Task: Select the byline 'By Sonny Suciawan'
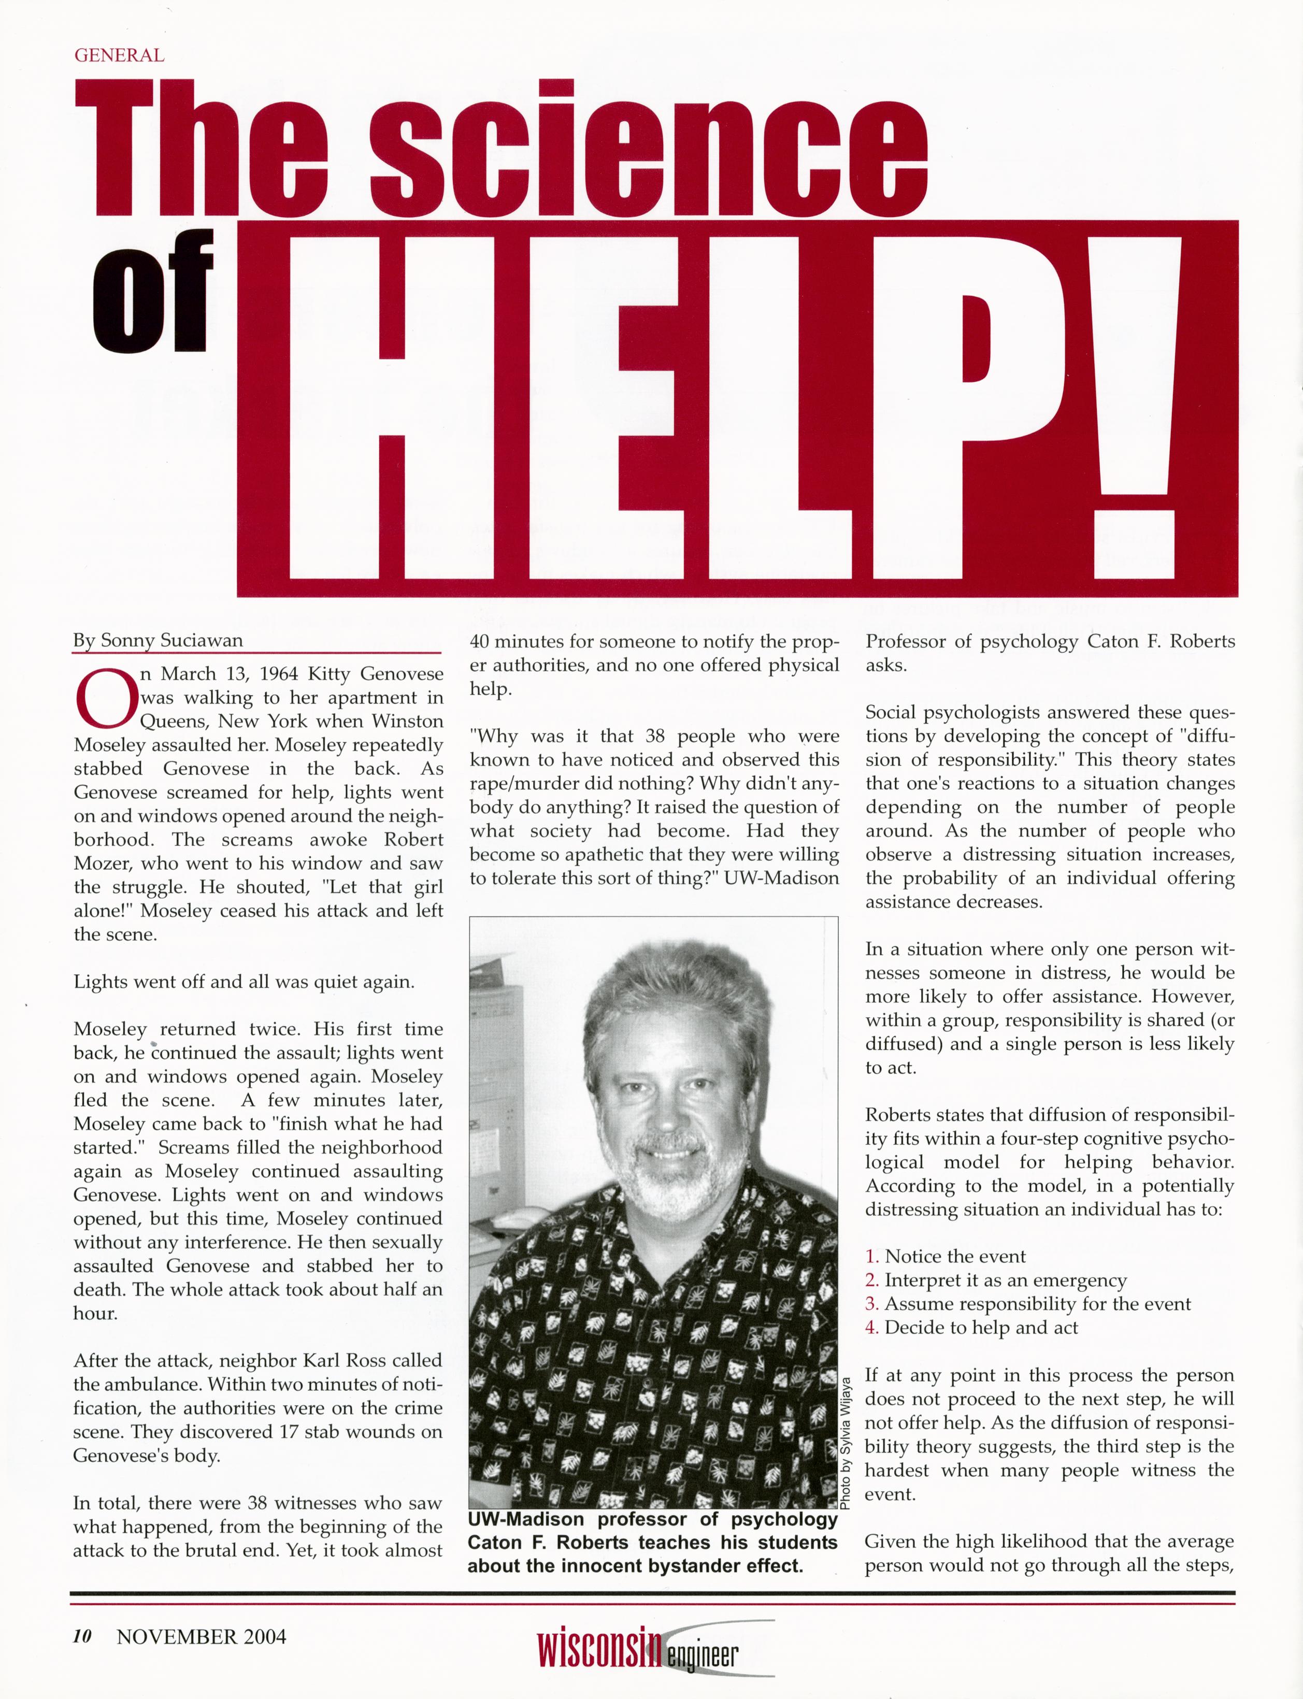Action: [x=158, y=641]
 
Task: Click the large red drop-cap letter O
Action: [x=105, y=697]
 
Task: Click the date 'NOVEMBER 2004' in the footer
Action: [x=202, y=1637]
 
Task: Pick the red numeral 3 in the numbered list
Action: [x=871, y=1304]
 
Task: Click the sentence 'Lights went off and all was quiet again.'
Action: [x=244, y=982]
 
